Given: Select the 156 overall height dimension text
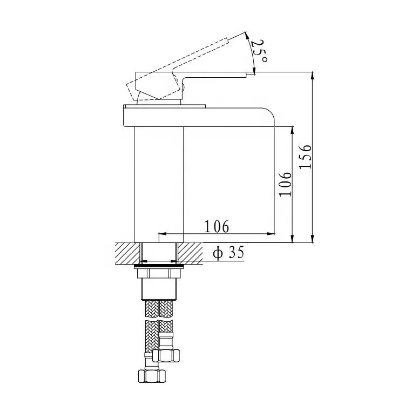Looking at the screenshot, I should click(x=306, y=157).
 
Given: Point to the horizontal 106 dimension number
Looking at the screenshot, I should click(x=216, y=226).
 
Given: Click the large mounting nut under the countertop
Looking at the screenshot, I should click(x=159, y=286).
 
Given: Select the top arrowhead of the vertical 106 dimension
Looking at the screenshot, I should click(x=292, y=130).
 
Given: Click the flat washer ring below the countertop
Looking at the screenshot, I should click(x=159, y=266).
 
